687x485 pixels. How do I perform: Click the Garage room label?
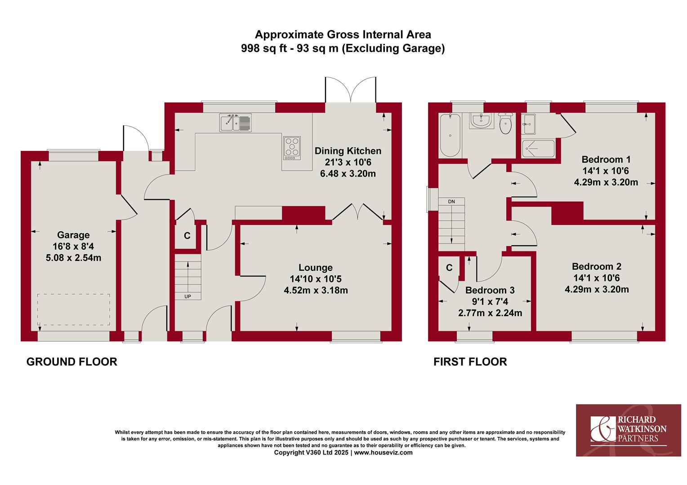tap(73, 235)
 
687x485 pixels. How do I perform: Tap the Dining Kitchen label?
tap(348, 151)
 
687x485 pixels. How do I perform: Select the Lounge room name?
tap(316, 268)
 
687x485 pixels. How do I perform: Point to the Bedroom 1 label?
tap(606, 159)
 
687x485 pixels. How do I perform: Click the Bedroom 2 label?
tap(597, 266)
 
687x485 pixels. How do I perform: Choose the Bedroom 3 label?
tap(490, 290)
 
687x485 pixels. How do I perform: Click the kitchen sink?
tap(235, 123)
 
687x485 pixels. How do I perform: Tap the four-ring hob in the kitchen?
tap(292, 148)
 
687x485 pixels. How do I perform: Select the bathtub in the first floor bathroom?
tap(450, 135)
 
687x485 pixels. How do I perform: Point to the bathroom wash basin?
tap(481, 120)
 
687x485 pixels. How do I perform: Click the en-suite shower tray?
tap(538, 149)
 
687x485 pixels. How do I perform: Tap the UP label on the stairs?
tap(187, 296)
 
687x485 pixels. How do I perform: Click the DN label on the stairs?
tap(451, 202)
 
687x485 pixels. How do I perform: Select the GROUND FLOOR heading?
tap(72, 362)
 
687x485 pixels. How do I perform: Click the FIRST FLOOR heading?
tap(470, 362)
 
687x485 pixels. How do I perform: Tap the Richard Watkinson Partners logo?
tap(629, 430)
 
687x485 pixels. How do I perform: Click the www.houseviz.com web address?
tap(384, 453)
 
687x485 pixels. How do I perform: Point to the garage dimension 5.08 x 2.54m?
tap(74, 258)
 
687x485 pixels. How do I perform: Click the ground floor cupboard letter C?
tap(187, 235)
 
